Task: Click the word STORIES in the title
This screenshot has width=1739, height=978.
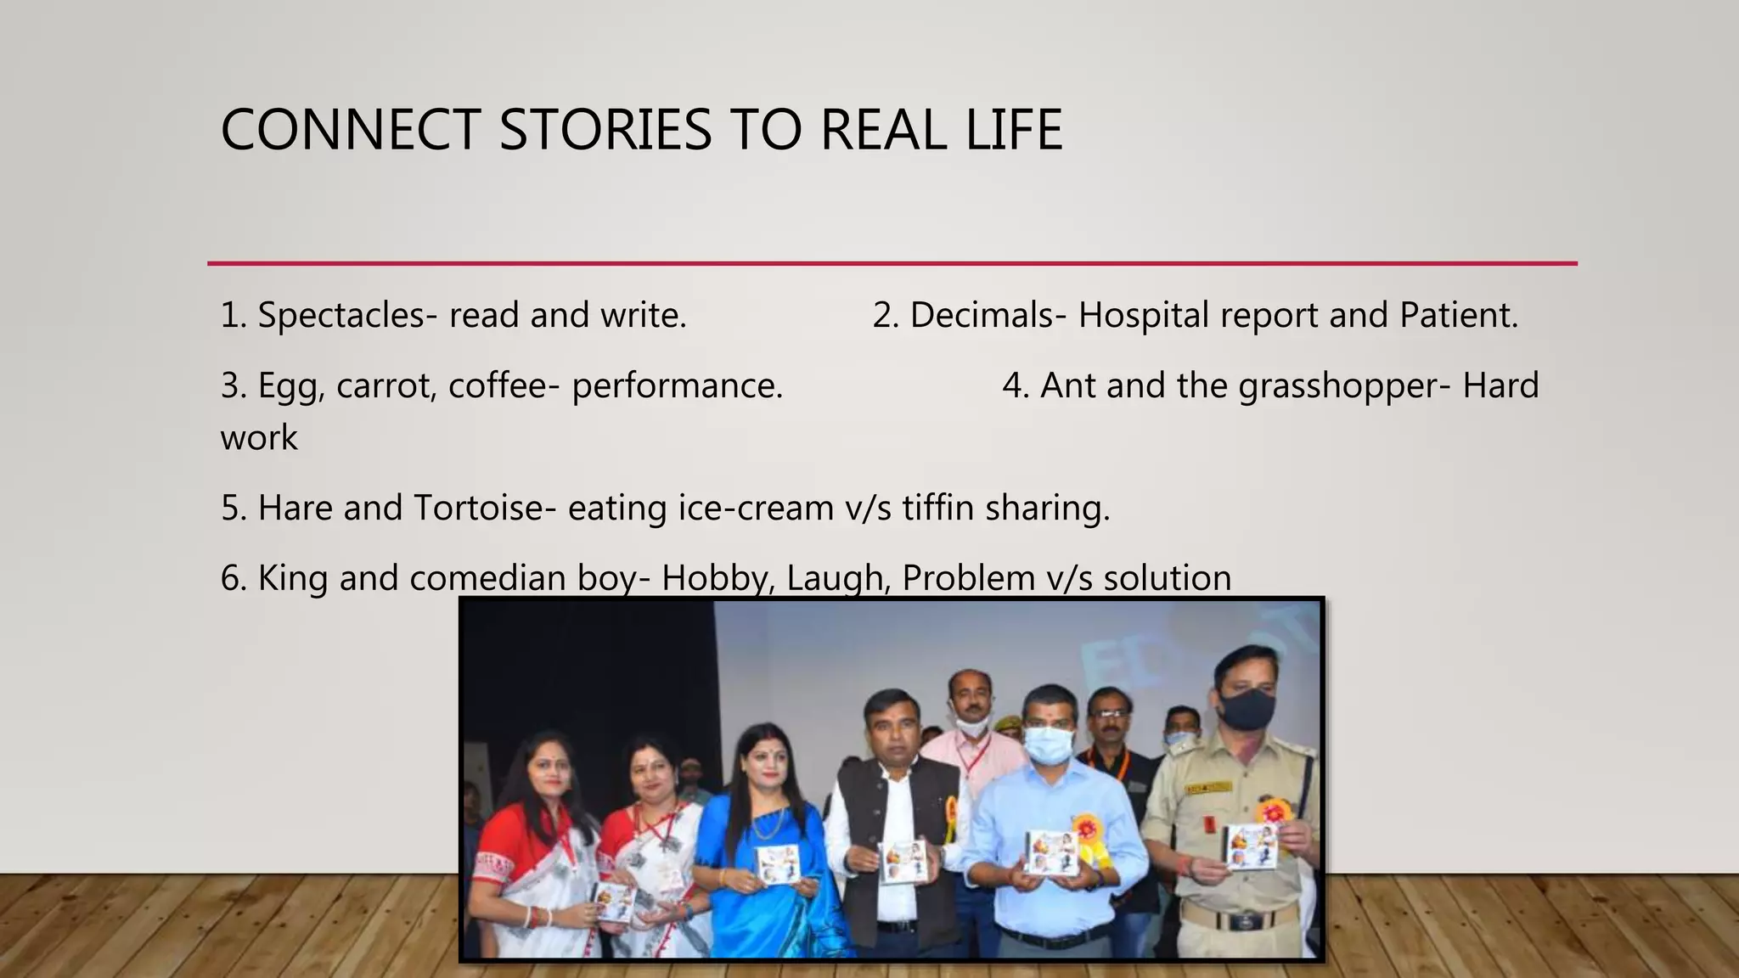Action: tap(605, 131)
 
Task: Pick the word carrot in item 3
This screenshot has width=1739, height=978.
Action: tap(386, 386)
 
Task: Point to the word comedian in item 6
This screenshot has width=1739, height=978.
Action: tap(487, 579)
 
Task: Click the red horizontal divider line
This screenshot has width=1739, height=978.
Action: tap(892, 264)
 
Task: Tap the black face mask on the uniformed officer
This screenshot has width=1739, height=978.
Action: tap(1246, 707)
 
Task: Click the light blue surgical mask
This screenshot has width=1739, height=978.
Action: tap(1048, 745)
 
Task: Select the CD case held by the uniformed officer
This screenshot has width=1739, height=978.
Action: tap(1251, 846)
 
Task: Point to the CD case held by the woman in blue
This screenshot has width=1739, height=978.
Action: tap(776, 863)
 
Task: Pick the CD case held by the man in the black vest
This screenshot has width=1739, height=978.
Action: tap(901, 860)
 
